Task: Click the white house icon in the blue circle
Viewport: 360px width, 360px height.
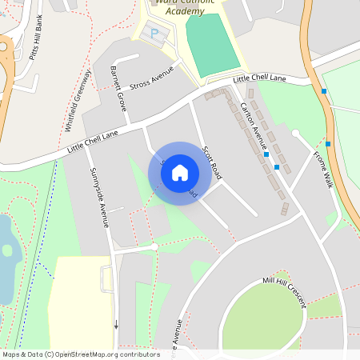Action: (x=180, y=172)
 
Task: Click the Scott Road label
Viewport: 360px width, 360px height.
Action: (x=211, y=162)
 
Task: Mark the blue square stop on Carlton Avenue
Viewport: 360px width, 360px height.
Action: (x=277, y=167)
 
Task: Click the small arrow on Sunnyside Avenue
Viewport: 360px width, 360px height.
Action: (x=116, y=325)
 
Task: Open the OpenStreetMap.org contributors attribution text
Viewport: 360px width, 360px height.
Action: (x=112, y=354)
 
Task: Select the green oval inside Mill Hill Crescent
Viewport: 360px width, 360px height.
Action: (x=264, y=316)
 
